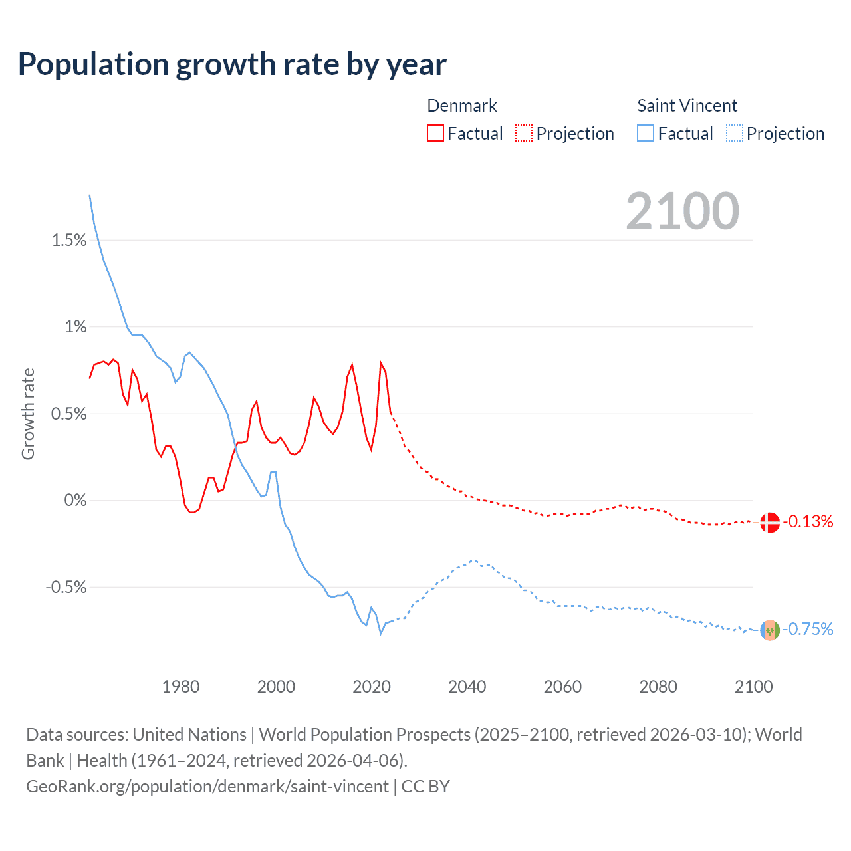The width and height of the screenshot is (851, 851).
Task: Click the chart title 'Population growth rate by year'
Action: pyautogui.click(x=232, y=64)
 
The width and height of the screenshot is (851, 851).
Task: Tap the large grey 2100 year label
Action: pyautogui.click(x=682, y=211)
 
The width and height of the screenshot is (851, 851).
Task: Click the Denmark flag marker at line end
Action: pyautogui.click(x=769, y=523)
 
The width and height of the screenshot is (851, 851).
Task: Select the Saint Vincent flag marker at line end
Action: pyautogui.click(x=769, y=630)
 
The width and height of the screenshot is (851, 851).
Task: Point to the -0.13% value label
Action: pyautogui.click(x=808, y=522)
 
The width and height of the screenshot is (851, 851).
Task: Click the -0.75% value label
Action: pyautogui.click(x=808, y=630)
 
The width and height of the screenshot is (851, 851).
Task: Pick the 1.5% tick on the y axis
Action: pyautogui.click(x=69, y=241)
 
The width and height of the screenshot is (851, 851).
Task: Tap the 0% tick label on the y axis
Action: pyautogui.click(x=75, y=501)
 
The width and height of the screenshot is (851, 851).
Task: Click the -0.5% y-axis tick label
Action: pyautogui.click(x=66, y=588)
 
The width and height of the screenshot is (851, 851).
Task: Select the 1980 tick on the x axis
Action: pyautogui.click(x=181, y=687)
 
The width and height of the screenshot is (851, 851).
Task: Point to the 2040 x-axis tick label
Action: pyautogui.click(x=467, y=687)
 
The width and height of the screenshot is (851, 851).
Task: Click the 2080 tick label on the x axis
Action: pyautogui.click(x=658, y=687)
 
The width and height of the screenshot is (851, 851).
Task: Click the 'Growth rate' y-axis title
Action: pyautogui.click(x=28, y=414)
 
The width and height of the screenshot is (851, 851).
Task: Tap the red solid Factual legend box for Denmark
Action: pyautogui.click(x=435, y=134)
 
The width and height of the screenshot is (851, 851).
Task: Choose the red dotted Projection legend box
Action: pyautogui.click(x=524, y=134)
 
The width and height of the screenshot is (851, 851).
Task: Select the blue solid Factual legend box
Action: pyautogui.click(x=646, y=134)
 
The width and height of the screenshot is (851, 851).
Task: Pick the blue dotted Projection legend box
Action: pyautogui.click(x=735, y=134)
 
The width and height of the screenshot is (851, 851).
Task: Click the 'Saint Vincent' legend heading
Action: pyautogui.click(x=687, y=106)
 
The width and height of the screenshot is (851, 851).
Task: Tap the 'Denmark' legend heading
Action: pyautogui.click(x=462, y=106)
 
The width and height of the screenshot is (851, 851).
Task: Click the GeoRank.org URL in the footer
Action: pyautogui.click(x=207, y=787)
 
